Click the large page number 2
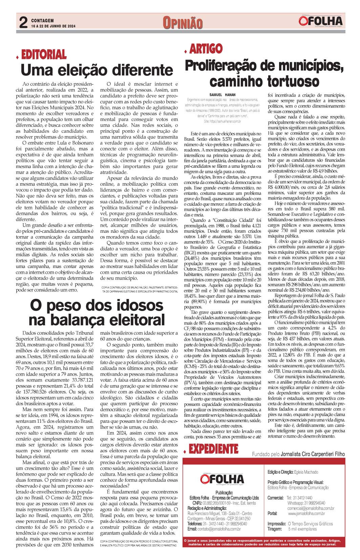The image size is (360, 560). pos(23,23)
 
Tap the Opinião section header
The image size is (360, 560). pos(183,23)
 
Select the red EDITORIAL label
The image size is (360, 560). pos(44,54)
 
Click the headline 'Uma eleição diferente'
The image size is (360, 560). pos(97,70)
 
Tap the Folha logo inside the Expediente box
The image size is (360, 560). pos(222,479)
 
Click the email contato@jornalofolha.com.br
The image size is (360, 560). pos(219,529)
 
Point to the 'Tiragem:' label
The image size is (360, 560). pos(275,529)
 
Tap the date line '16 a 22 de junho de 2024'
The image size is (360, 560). pos(53,26)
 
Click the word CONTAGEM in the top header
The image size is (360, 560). pos(42,21)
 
